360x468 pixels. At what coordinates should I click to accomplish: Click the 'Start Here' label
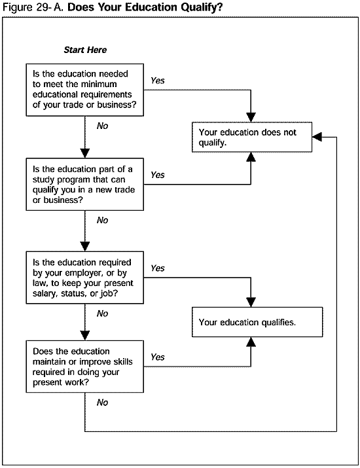(84, 50)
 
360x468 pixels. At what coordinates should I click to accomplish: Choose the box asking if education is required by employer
(85, 278)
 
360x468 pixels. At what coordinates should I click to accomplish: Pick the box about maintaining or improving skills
(85, 367)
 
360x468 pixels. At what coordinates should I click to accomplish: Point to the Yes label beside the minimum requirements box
(158, 81)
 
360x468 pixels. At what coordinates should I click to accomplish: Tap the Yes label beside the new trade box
(158, 175)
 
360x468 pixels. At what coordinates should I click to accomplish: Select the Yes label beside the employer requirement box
(158, 268)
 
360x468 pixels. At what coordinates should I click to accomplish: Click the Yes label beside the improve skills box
(158, 357)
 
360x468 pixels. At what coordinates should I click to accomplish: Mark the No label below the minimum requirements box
(102, 126)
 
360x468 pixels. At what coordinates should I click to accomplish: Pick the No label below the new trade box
(102, 221)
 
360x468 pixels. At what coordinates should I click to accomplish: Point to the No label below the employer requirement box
(102, 314)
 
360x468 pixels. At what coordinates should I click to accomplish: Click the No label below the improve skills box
(102, 403)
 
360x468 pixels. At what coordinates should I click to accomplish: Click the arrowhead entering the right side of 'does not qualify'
(318, 136)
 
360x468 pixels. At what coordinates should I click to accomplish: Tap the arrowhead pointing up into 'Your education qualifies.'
(250, 342)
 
